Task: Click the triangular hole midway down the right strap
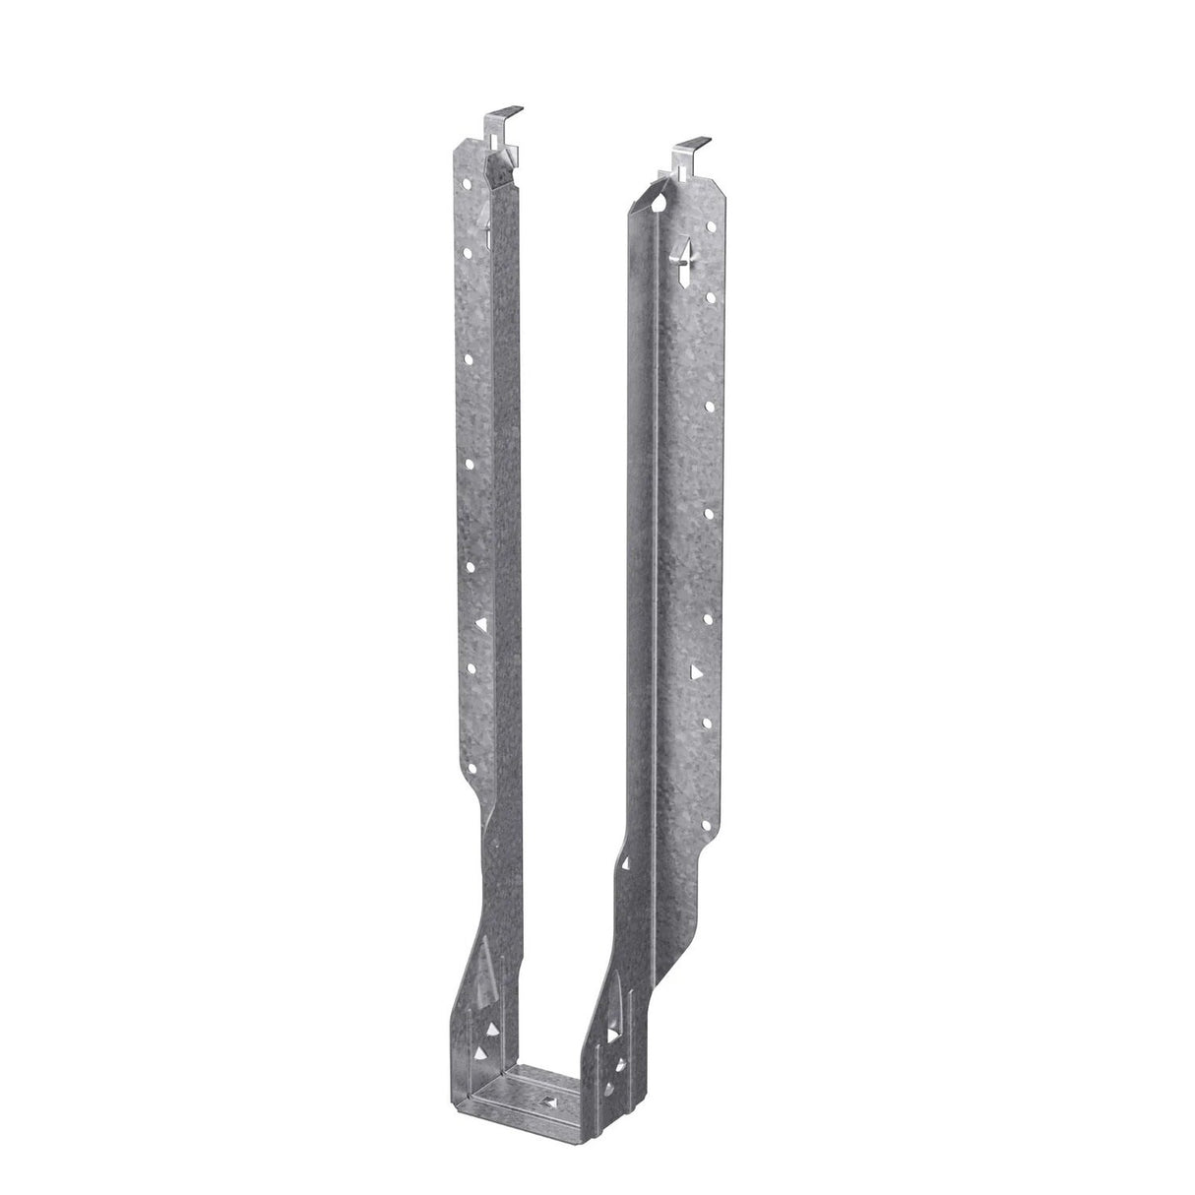(x=697, y=671)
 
